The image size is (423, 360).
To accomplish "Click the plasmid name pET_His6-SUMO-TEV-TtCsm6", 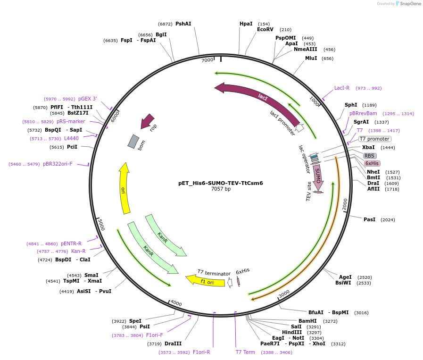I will (220, 183).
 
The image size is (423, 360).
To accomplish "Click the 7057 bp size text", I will (221, 189).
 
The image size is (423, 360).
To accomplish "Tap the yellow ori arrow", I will (124, 189).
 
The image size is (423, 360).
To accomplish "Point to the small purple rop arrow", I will (148, 121).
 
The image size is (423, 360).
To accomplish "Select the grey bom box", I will (134, 141).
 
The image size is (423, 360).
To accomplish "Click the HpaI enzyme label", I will (246, 24).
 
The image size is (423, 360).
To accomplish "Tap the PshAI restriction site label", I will (183, 24).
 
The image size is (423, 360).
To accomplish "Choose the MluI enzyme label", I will (311, 58).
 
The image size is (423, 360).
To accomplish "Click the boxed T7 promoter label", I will (374, 139).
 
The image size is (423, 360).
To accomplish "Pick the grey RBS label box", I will (370, 156).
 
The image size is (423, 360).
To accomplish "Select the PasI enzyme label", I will (369, 219).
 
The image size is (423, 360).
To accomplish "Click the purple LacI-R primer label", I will (342, 88).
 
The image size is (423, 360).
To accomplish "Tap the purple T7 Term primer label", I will (245, 352).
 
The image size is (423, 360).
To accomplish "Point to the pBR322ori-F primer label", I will (58, 164).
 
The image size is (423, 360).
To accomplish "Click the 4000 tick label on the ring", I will (176, 302).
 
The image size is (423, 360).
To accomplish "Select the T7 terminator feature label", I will (214, 273).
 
